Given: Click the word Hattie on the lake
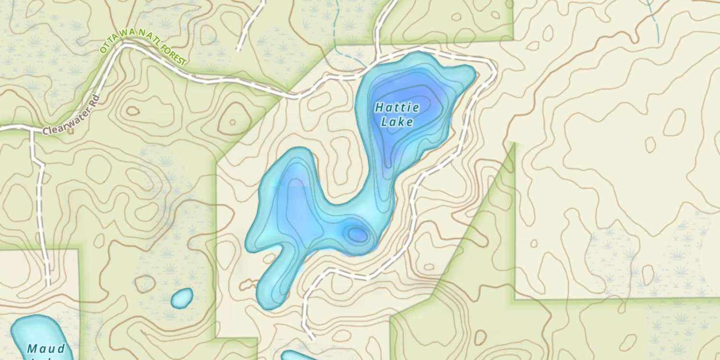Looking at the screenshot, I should [x=397, y=108].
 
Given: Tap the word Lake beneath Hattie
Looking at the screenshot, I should [x=397, y=122].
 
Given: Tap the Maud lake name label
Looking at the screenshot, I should [x=46, y=348].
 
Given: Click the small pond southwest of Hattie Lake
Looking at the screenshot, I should [x=182, y=298].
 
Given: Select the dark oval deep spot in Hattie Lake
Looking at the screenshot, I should [x=357, y=234].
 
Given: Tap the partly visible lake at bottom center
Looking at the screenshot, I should [x=298, y=356].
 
